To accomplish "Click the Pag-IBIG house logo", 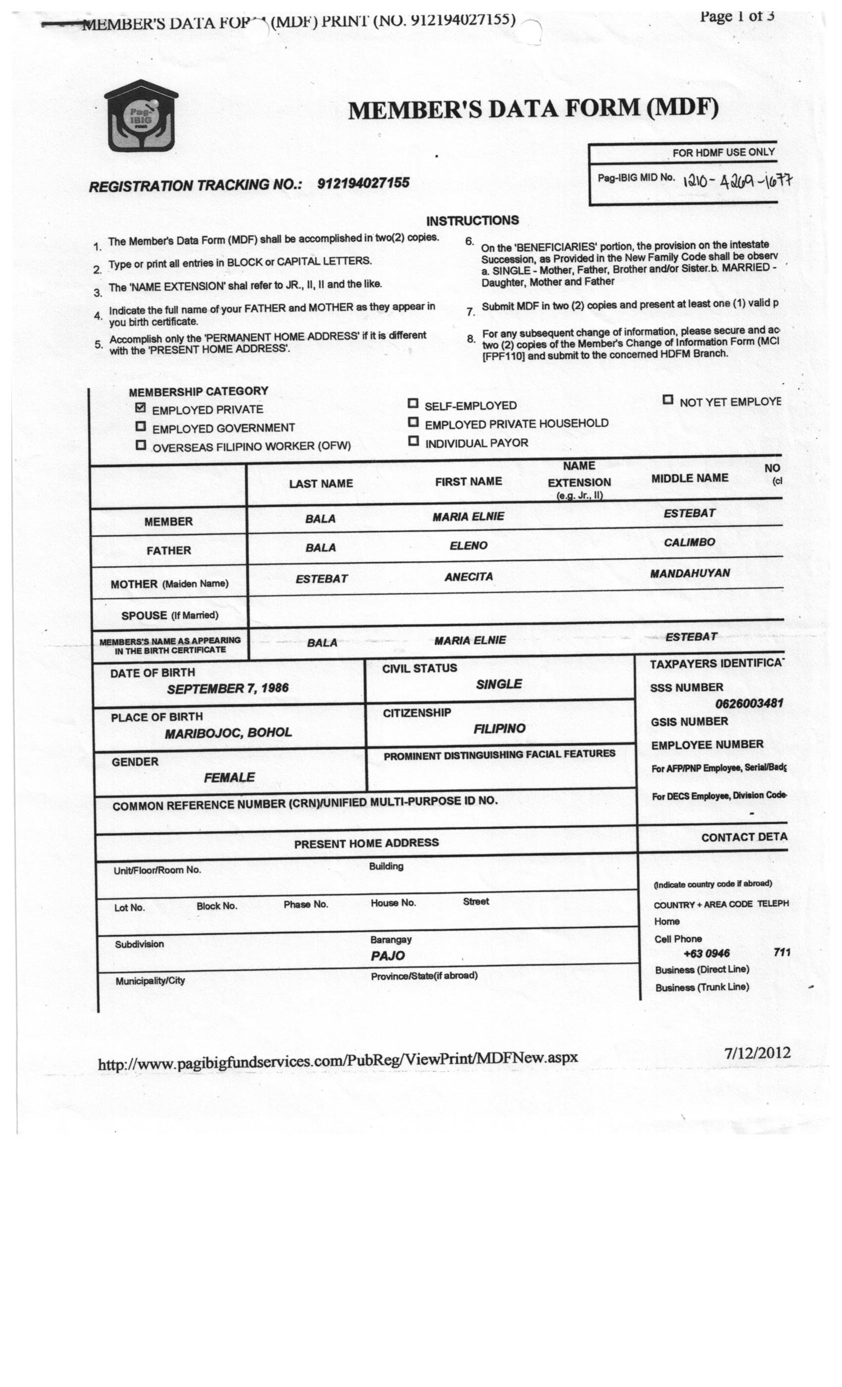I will (141, 116).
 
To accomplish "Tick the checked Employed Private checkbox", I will (141, 408).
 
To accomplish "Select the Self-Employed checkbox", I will (413, 404).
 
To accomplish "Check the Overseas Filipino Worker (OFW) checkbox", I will (141, 445).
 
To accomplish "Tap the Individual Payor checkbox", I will (413, 441).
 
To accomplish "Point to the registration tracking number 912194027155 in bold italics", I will (363, 183).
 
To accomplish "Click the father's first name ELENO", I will (468, 545).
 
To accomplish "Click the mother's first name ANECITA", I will (468, 577).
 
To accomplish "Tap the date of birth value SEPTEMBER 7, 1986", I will (227, 689).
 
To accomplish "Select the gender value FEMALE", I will (229, 777).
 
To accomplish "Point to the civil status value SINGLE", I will (499, 684).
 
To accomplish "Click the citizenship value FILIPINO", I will (499, 728).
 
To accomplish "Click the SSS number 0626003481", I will (748, 703).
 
